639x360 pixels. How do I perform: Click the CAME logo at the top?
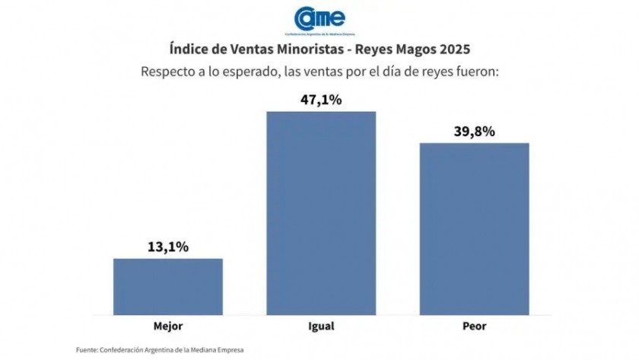(319, 18)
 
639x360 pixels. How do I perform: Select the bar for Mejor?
(168, 286)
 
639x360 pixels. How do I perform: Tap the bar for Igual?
(320, 213)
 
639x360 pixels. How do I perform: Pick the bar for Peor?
(474, 228)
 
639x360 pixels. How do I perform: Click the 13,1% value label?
(168, 247)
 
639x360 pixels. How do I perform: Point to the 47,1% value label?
(320, 100)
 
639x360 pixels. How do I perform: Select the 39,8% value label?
(474, 131)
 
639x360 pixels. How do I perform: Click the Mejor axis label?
(168, 326)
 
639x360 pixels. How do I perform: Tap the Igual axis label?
(320, 326)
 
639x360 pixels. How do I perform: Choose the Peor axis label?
(474, 326)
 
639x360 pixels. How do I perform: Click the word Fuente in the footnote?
(86, 349)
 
